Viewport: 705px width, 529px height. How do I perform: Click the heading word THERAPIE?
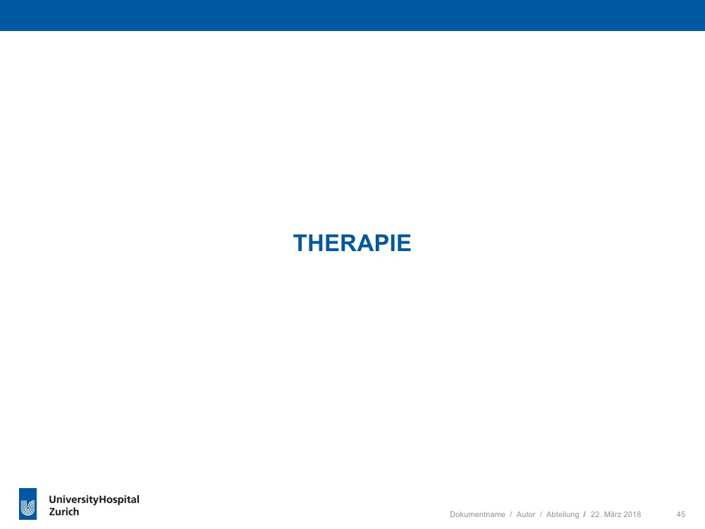click(x=352, y=243)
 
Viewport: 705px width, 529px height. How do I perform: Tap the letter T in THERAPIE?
click(x=301, y=243)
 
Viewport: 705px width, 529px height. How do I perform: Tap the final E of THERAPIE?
click(x=404, y=243)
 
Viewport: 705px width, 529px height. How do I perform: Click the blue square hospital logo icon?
click(x=28, y=504)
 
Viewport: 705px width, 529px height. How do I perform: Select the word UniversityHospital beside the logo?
click(x=94, y=500)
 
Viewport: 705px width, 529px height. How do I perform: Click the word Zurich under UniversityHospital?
click(x=64, y=512)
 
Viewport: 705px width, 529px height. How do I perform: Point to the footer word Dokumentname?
click(x=477, y=514)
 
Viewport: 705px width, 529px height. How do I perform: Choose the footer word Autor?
click(x=526, y=514)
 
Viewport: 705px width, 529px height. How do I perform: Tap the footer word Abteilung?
click(x=563, y=515)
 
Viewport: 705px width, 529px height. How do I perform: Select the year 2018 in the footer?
click(x=632, y=514)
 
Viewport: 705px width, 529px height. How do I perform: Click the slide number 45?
click(x=681, y=514)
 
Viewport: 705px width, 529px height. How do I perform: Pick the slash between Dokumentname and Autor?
click(x=510, y=514)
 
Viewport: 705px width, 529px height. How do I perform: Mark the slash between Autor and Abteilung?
click(x=541, y=514)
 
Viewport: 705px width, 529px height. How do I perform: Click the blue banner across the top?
click(x=352, y=16)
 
